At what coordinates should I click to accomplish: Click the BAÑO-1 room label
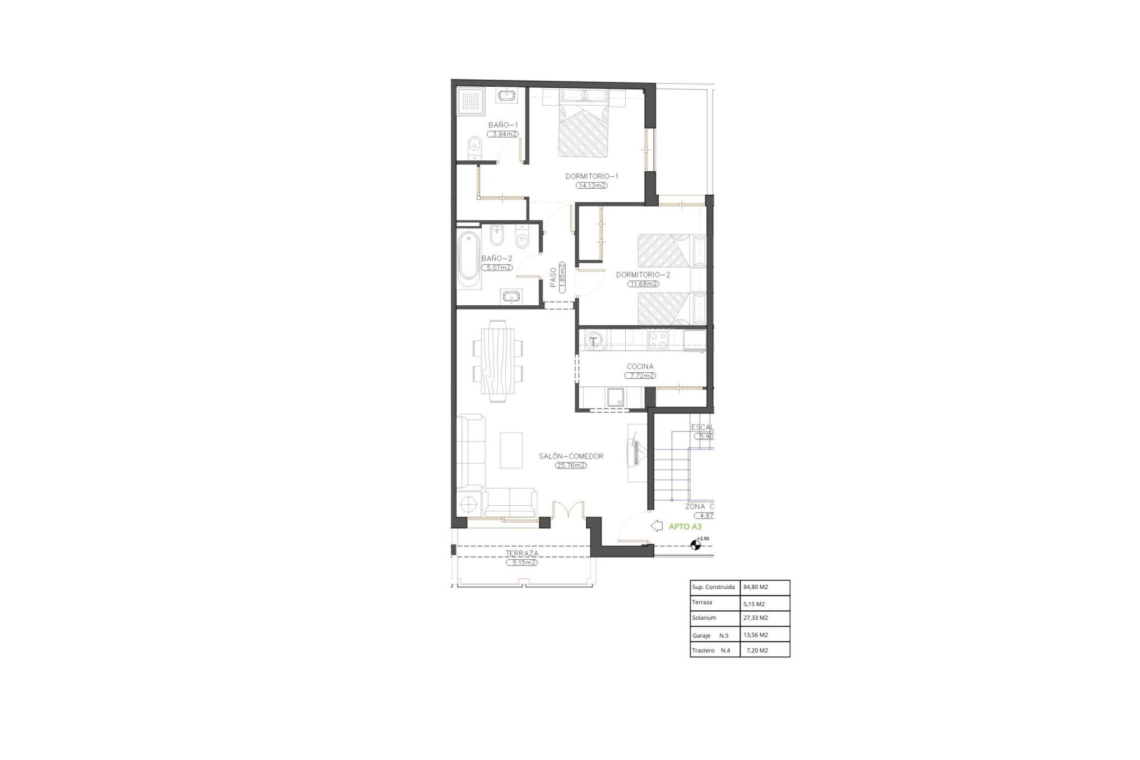[x=503, y=125]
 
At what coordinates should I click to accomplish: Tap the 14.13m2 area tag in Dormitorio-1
[x=591, y=185]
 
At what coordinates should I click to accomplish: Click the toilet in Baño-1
[x=474, y=148]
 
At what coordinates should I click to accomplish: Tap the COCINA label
[x=639, y=366]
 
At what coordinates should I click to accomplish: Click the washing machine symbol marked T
[x=593, y=341]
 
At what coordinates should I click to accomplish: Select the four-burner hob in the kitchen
[x=657, y=340]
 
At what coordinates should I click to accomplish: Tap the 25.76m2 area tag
[x=571, y=465]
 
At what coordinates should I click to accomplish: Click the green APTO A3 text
[x=685, y=526]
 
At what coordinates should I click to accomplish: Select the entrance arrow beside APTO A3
[x=657, y=526]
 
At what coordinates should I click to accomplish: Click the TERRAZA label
[x=522, y=553]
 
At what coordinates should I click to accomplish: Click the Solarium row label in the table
[x=704, y=617]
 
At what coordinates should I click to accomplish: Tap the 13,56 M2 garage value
[x=755, y=635]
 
